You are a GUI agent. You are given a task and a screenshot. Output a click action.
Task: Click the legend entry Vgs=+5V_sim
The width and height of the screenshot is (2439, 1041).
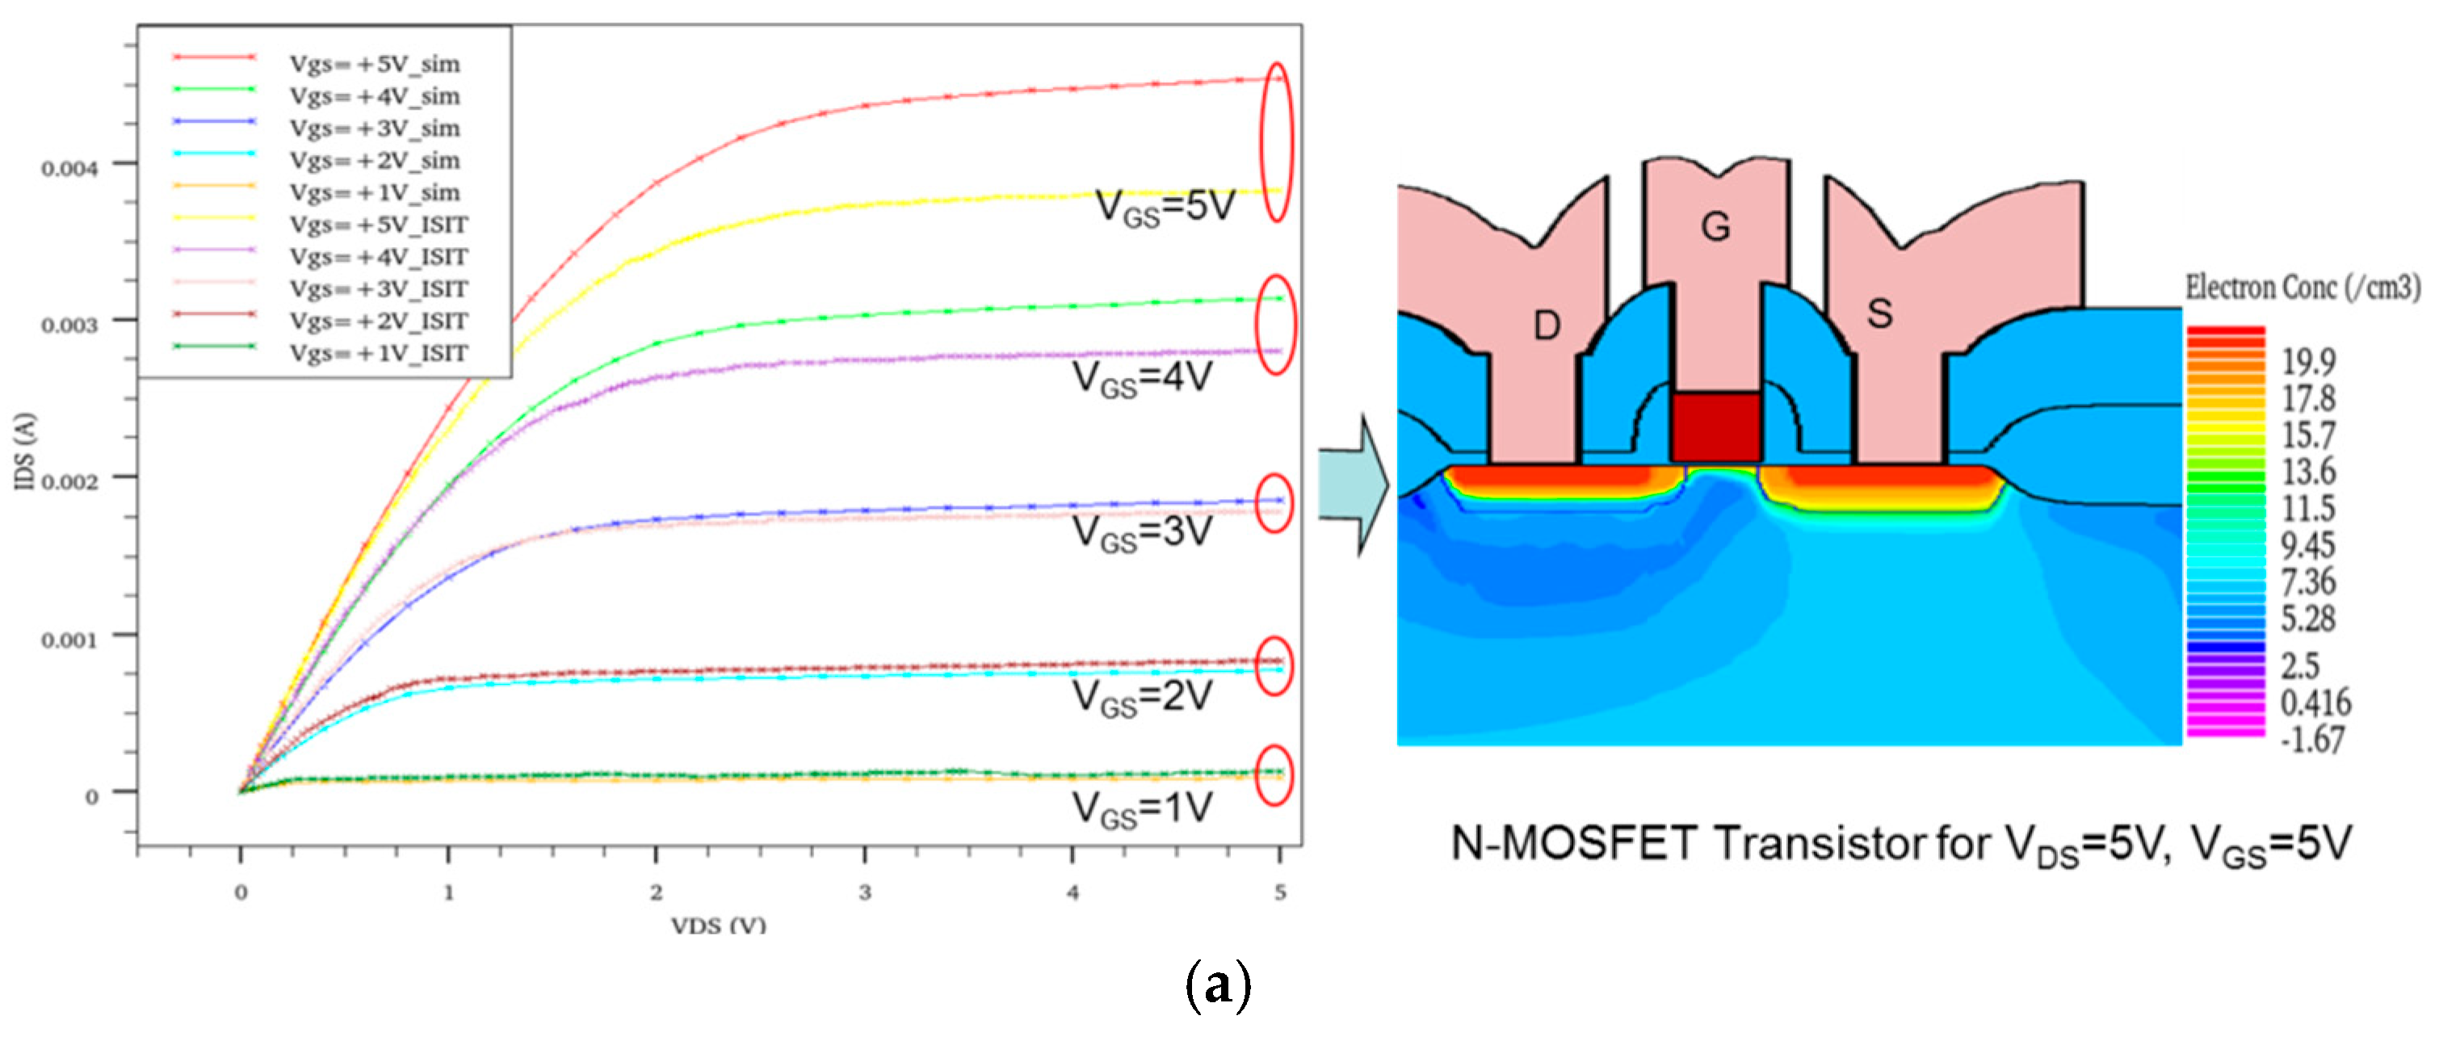point(374,65)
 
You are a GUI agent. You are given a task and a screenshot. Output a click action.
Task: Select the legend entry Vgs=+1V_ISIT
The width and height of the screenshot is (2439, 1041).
point(378,353)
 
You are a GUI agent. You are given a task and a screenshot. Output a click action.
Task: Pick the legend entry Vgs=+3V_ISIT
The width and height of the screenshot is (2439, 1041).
point(378,289)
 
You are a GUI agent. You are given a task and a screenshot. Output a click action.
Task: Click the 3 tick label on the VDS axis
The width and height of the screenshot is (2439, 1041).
point(863,892)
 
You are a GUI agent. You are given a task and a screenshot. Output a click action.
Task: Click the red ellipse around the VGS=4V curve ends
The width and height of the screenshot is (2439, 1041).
point(1274,325)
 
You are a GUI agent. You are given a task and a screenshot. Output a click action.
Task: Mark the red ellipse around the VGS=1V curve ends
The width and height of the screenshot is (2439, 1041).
point(1274,774)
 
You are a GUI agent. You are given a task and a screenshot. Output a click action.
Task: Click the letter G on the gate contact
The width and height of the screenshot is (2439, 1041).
point(1715,227)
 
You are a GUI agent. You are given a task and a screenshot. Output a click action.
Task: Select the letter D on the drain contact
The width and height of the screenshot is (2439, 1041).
point(1546,325)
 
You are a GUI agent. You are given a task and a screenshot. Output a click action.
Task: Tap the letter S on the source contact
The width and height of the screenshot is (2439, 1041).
point(1879,313)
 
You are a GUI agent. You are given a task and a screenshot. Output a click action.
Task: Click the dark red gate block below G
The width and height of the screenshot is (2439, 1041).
point(1715,426)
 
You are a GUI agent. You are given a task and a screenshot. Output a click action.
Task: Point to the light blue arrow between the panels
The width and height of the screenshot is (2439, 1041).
point(1353,484)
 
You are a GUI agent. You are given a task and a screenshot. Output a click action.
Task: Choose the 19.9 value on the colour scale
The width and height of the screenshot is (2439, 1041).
point(2308,361)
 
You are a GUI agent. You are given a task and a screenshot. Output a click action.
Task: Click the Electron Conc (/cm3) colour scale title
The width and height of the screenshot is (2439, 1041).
point(2302,287)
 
